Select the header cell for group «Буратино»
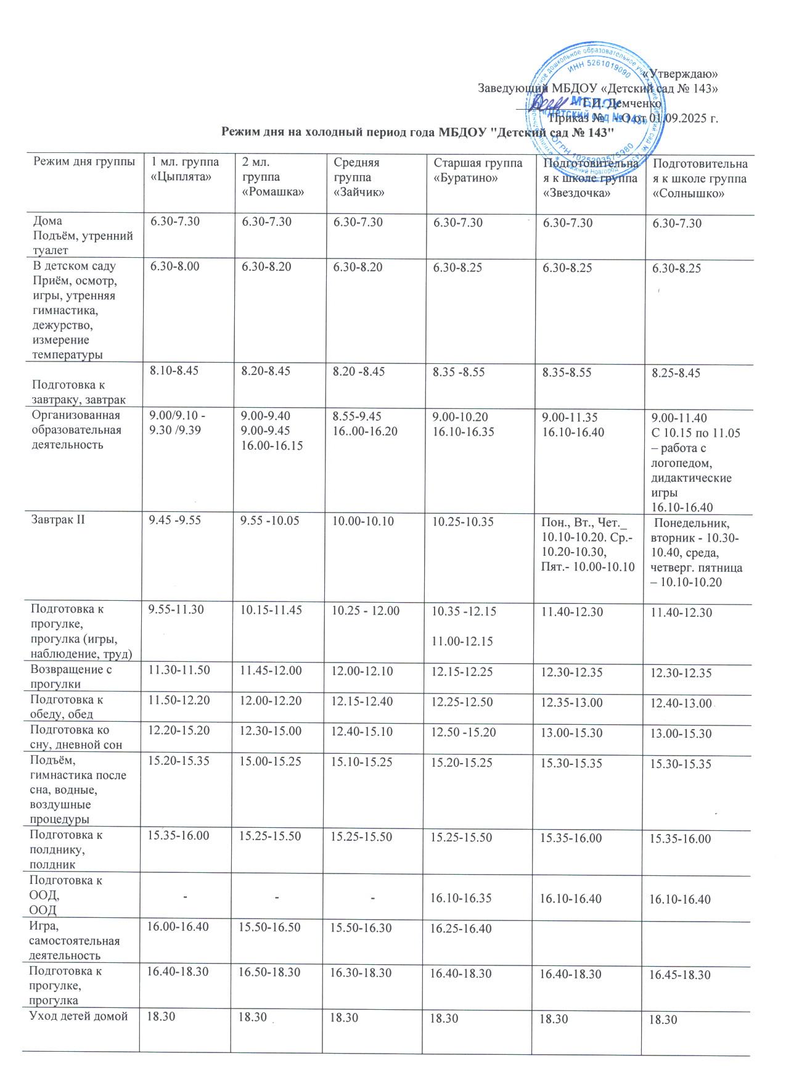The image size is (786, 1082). click(478, 170)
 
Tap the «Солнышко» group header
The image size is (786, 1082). click(700, 178)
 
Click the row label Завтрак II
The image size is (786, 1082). click(59, 520)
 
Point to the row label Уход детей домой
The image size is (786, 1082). click(79, 1016)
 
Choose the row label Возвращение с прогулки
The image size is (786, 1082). click(71, 677)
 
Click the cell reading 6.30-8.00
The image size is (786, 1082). click(175, 266)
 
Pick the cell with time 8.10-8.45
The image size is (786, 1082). click(175, 371)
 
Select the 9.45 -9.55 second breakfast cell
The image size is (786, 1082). click(175, 520)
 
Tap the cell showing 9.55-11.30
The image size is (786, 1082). click(176, 609)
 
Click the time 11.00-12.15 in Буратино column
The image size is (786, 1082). click(462, 642)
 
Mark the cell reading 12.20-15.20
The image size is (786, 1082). click(179, 730)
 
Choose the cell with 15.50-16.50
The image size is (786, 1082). click(270, 928)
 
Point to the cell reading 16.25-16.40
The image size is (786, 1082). click(461, 928)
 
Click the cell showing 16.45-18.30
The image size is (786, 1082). click(680, 975)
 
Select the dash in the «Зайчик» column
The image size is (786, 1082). click(373, 898)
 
